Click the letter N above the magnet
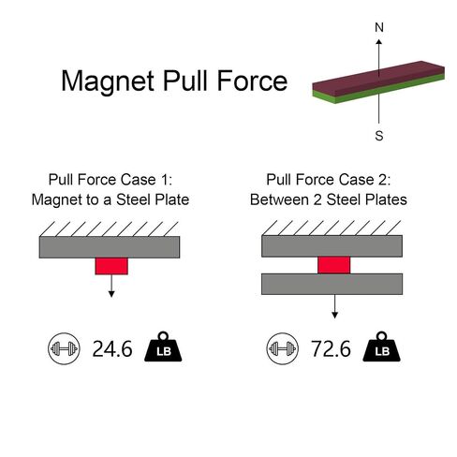click(379, 27)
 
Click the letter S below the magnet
click(379, 136)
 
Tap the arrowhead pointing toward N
click(379, 42)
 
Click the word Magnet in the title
click(108, 81)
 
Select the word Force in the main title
click(252, 81)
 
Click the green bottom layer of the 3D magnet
click(378, 89)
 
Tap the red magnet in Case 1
click(111, 266)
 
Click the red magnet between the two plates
click(334, 265)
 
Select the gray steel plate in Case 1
click(110, 247)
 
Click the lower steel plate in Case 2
click(332, 284)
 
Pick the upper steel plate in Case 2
click(332, 246)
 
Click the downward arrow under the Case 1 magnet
click(111, 286)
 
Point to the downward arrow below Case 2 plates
click(334, 306)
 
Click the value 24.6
click(112, 348)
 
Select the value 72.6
click(331, 348)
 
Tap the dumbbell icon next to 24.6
click(64, 348)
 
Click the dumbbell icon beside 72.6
click(283, 348)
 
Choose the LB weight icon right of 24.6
click(163, 346)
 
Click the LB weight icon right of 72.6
click(381, 346)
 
